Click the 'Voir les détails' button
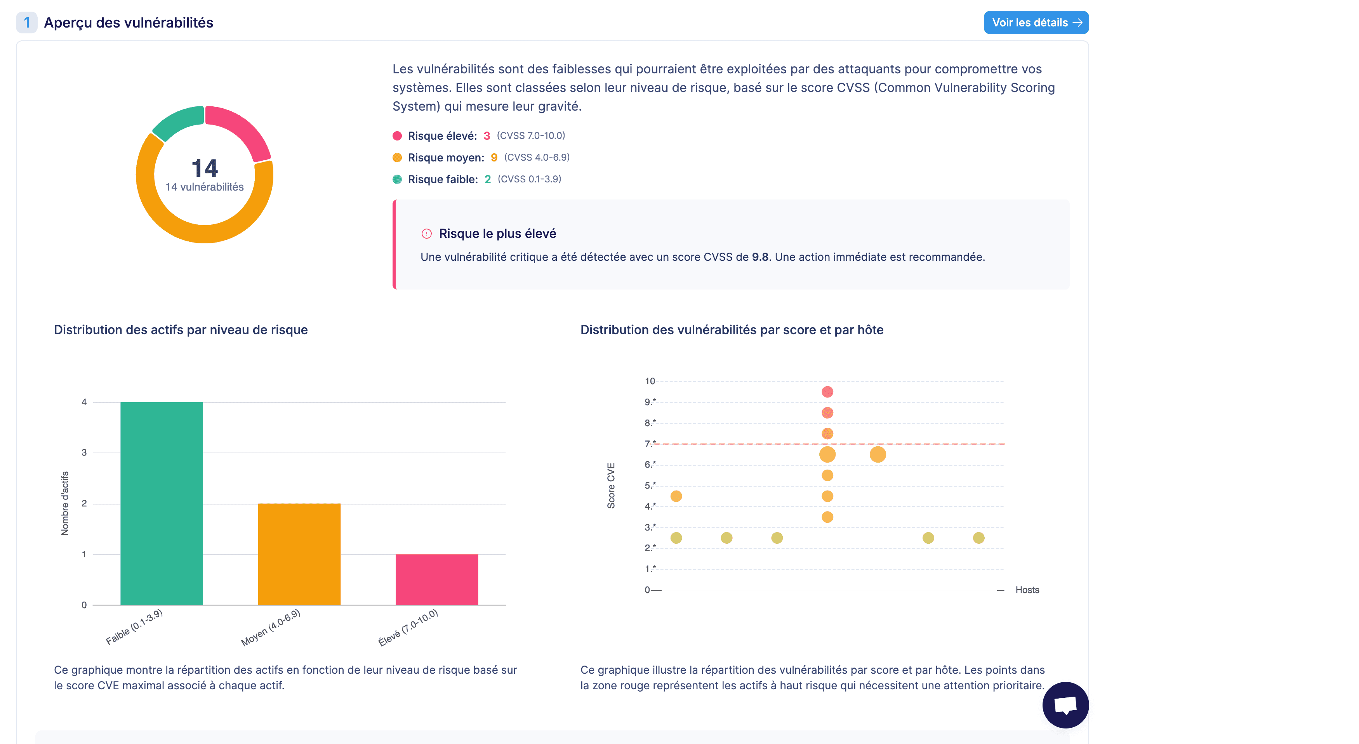point(1036,23)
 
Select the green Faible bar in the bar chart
point(162,503)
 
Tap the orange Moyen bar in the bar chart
point(299,554)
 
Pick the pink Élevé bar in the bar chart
point(436,579)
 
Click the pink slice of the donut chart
point(242,130)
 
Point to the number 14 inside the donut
point(205,168)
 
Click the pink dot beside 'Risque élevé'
point(397,136)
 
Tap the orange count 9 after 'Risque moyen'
point(494,158)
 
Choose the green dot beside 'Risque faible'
point(397,179)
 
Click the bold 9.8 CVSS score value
point(760,257)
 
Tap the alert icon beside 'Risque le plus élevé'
point(426,234)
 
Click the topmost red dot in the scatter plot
point(827,392)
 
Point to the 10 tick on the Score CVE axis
point(650,381)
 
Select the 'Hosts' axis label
point(1027,590)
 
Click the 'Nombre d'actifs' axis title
point(65,503)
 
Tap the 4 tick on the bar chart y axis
point(84,402)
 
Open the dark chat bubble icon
point(1065,705)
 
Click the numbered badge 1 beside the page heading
point(27,23)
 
